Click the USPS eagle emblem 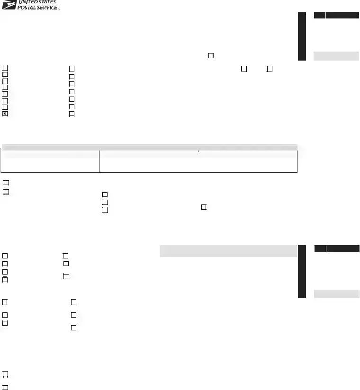(9, 5)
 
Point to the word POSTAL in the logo (26, 8)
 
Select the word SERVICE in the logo (47, 8)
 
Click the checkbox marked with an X (5, 114)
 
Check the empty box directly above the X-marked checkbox (5, 107)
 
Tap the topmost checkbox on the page (211, 55)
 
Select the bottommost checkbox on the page (5, 388)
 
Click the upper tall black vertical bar (302, 36)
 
